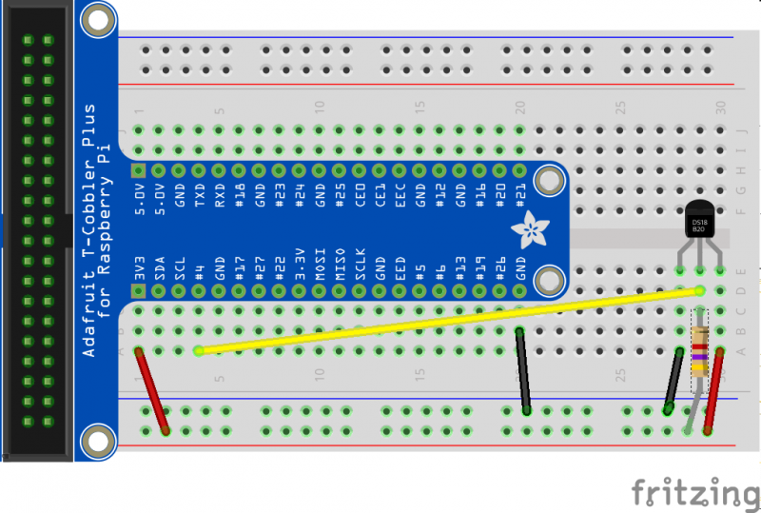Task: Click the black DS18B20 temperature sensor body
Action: [699, 221]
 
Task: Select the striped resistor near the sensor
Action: [700, 352]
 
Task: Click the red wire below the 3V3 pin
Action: [152, 390]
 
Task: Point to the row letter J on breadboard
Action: [743, 130]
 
